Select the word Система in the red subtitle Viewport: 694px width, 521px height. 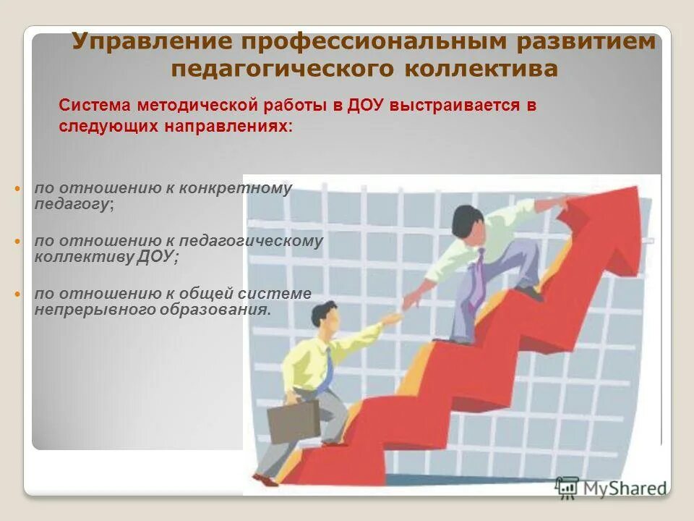[92, 105]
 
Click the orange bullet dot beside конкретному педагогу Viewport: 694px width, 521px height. [19, 189]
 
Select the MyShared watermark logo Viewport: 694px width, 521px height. [611, 487]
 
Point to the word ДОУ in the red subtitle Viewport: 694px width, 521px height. [366, 105]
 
